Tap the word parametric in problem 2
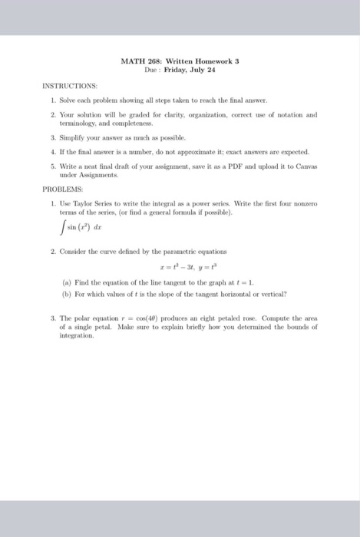[206, 251]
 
